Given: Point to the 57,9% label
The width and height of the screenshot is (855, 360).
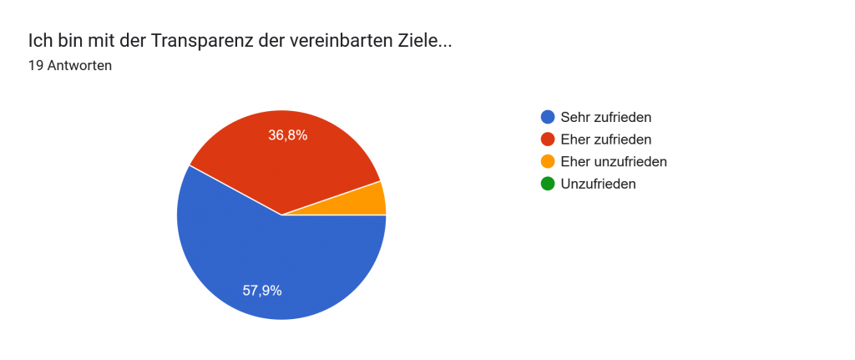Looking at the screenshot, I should (x=262, y=291).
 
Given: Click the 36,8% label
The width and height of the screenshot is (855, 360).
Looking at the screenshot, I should (x=287, y=134).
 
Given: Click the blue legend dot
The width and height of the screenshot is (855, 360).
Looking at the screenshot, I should (x=548, y=117).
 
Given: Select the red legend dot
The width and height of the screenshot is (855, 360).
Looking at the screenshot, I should (x=548, y=139).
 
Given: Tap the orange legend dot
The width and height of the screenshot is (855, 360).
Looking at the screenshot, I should (x=548, y=161).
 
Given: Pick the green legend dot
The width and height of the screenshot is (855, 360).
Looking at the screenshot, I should (x=548, y=184).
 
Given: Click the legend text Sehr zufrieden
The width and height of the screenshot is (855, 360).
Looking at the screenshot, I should (x=606, y=117).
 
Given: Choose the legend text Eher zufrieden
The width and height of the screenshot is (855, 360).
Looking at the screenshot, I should (x=606, y=139).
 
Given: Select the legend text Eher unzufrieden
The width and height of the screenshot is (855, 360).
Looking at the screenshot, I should (x=614, y=161).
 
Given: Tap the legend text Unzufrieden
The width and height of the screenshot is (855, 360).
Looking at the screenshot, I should (x=599, y=184).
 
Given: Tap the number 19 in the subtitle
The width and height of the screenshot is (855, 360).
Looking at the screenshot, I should (x=35, y=65).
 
